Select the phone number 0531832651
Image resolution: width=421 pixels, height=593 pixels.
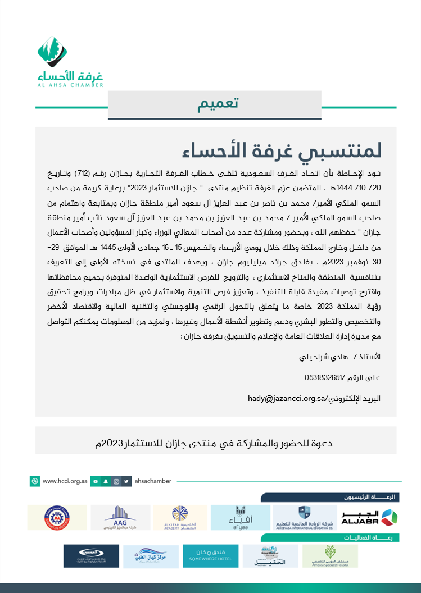308,377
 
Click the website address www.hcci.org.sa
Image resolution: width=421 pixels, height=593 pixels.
65,481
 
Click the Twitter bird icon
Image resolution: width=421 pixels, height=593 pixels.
127,481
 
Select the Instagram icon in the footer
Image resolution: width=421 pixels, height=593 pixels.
116,481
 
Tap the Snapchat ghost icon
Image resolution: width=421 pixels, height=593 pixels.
106,481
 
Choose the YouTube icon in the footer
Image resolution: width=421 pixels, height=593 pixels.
96,481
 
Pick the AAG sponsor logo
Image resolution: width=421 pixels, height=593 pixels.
120,517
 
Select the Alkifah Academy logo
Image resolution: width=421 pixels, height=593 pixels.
180,517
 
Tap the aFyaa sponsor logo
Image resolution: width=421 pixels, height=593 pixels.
240,517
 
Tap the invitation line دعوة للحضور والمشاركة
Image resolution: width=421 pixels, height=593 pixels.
215,444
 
